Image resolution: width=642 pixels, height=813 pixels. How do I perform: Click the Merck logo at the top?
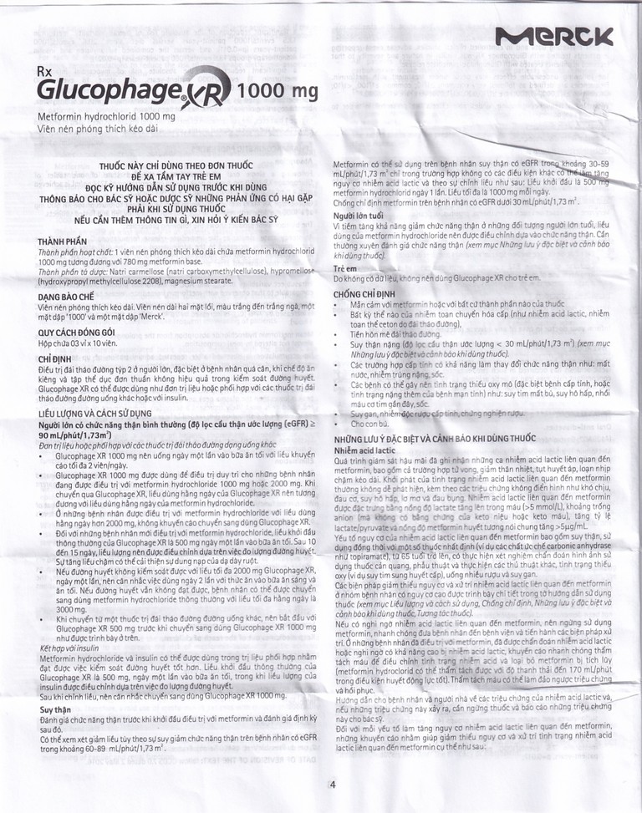pos(553,37)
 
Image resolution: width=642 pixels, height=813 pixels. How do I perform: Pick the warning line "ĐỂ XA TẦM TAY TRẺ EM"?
pos(183,178)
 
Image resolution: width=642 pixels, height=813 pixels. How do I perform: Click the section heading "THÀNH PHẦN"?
pos(64,241)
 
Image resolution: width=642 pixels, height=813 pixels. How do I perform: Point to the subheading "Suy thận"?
pos(57,709)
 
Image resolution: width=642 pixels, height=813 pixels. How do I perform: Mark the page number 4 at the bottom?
pos(332,784)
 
